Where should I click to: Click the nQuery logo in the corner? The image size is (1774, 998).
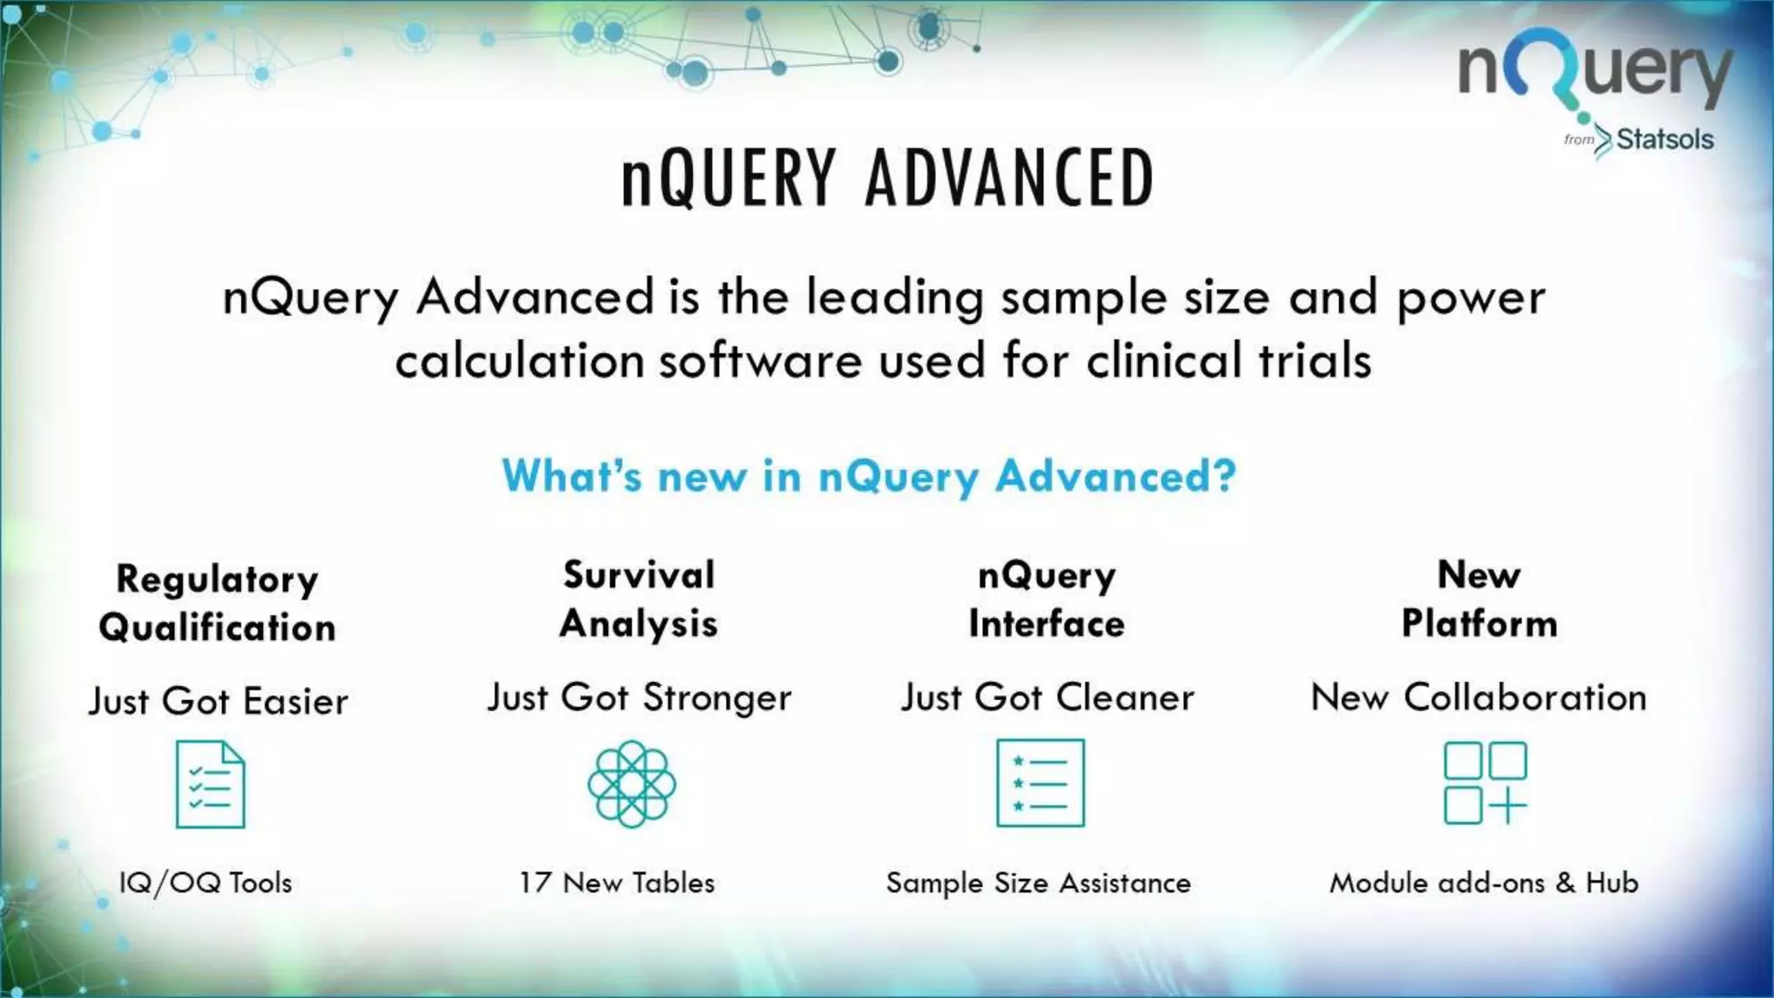click(x=1595, y=74)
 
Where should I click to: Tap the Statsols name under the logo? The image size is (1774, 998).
click(x=1664, y=139)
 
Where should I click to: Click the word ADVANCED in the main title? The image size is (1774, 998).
click(x=1009, y=178)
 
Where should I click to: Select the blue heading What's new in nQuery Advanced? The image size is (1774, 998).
click(x=869, y=476)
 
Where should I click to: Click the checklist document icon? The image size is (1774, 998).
click(x=210, y=784)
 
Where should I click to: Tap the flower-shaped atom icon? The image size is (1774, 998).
click(x=631, y=784)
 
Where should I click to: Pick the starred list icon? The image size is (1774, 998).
click(x=1040, y=783)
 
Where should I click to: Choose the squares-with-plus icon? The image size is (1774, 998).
click(x=1485, y=783)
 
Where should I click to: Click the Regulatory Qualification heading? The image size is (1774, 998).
click(x=217, y=603)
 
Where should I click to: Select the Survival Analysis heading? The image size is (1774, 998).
click(x=639, y=599)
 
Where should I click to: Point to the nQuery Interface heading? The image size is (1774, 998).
click(x=1046, y=599)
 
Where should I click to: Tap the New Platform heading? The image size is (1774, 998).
click(x=1479, y=599)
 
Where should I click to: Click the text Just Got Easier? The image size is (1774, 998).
click(x=218, y=701)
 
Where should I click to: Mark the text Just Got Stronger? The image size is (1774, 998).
click(x=639, y=698)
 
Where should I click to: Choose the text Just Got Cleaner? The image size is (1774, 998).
click(x=1047, y=697)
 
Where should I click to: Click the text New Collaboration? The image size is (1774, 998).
click(x=1479, y=697)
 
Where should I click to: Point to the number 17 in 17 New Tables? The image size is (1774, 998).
click(x=535, y=883)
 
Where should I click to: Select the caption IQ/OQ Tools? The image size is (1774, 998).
click(x=205, y=883)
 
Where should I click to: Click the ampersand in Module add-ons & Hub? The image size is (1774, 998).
click(x=1565, y=883)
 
